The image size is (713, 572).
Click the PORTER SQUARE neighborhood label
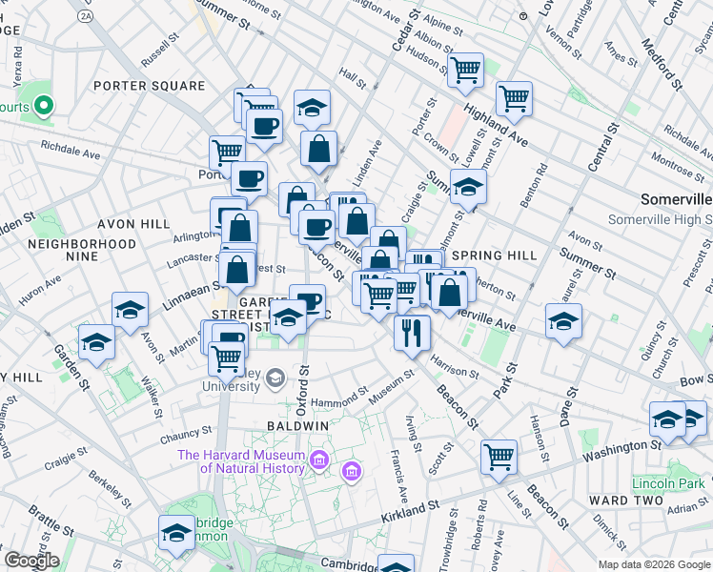[150, 86]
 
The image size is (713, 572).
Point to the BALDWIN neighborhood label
[298, 424]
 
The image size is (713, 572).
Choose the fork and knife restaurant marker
[412, 333]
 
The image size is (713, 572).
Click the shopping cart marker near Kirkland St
[499, 458]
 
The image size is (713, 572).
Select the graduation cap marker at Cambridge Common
[177, 534]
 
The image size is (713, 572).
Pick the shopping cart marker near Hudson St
[465, 69]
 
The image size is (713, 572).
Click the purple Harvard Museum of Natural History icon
[318, 461]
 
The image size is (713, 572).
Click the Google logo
[31, 561]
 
